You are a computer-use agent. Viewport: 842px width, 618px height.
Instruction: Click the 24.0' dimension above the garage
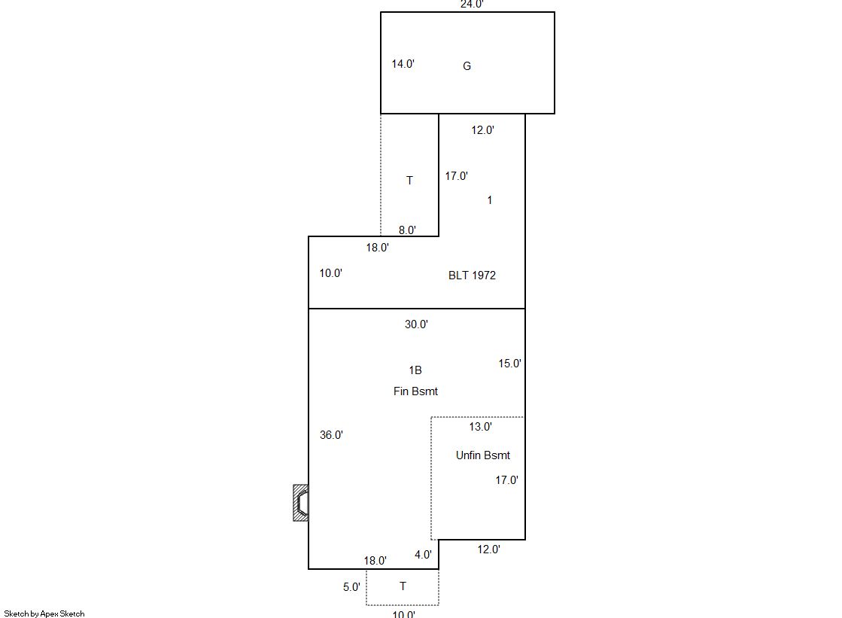[x=472, y=5]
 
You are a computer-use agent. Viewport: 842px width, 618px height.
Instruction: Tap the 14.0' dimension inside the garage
[x=403, y=64]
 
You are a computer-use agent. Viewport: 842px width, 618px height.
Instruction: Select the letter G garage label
[x=467, y=66]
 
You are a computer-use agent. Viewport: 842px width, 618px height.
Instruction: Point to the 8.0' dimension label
[x=407, y=230]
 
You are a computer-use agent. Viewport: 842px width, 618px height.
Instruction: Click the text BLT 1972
[x=472, y=276]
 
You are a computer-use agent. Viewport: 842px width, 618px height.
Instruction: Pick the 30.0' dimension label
[x=416, y=324]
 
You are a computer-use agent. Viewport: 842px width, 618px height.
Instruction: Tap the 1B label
[x=415, y=370]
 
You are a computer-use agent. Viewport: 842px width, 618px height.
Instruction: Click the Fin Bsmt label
[x=415, y=391]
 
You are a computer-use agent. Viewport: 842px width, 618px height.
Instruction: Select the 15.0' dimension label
[x=509, y=364]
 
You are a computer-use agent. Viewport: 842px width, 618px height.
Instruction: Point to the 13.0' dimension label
[x=480, y=427]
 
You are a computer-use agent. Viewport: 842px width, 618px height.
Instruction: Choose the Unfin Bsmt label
[x=483, y=455]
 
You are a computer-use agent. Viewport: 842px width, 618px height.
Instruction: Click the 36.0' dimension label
[x=331, y=435]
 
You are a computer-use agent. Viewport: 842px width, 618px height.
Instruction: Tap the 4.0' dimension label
[x=423, y=555]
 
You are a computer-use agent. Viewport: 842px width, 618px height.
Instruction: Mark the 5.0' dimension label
[x=351, y=587]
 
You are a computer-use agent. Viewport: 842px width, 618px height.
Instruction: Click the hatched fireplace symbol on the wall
[x=301, y=503]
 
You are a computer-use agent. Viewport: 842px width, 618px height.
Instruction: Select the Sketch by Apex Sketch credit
[x=44, y=613]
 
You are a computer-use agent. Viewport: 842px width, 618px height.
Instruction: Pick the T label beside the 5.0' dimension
[x=403, y=586]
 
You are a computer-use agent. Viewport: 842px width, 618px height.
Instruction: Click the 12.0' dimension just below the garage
[x=483, y=130]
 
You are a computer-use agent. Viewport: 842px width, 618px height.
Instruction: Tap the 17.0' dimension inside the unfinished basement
[x=506, y=480]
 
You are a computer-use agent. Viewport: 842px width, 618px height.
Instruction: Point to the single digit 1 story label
[x=489, y=200]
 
